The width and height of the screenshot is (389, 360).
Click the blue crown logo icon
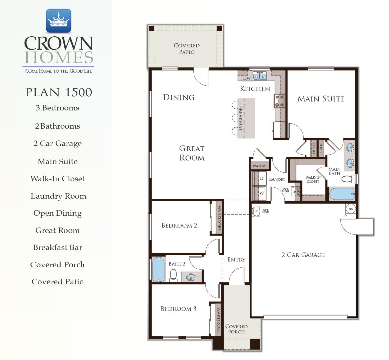tap(58, 21)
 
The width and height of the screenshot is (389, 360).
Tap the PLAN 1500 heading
tap(59, 92)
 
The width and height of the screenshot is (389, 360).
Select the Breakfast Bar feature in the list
tap(58, 247)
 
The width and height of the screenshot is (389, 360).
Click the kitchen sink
tap(260, 76)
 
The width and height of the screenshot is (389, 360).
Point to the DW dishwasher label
tap(247, 79)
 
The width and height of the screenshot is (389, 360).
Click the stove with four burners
tap(279, 101)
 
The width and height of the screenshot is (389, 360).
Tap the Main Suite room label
tap(321, 99)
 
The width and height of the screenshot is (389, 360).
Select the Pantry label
tap(259, 166)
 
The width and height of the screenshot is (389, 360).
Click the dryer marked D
tap(261, 179)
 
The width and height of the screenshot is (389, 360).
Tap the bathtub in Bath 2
tap(158, 269)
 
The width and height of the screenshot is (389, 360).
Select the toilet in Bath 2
tap(173, 275)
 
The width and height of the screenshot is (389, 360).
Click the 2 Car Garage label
tap(303, 255)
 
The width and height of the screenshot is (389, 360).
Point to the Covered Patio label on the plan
tap(187, 49)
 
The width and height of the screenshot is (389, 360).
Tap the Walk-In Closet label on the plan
tap(313, 179)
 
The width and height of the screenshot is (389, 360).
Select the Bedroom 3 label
tap(178, 309)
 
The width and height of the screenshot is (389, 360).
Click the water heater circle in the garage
tap(350, 209)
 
